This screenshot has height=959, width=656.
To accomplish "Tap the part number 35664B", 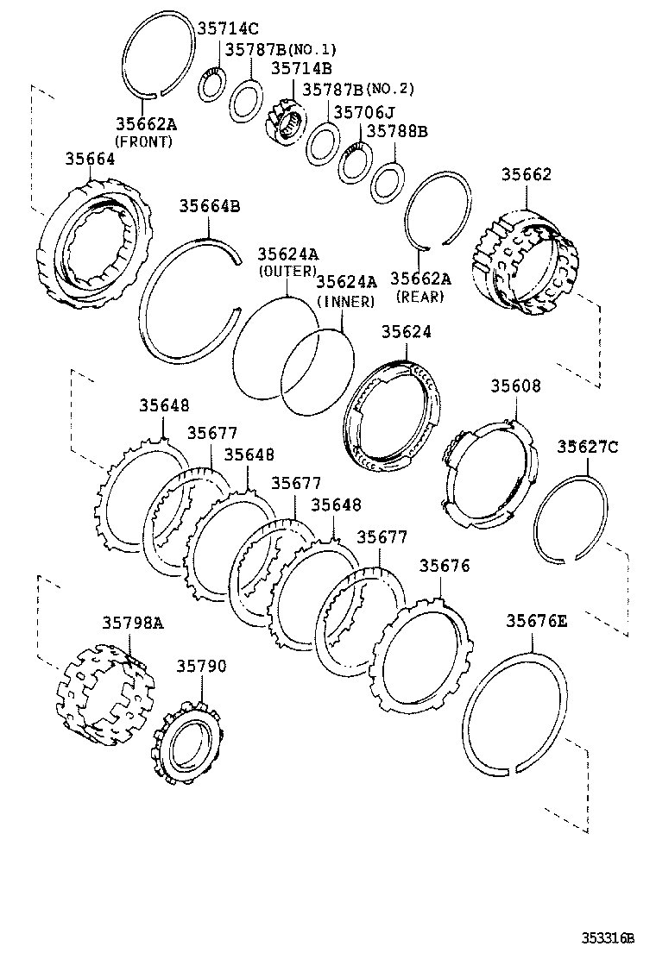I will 209,206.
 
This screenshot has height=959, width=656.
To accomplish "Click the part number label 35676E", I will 537,620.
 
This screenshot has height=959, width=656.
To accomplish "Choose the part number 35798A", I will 133,622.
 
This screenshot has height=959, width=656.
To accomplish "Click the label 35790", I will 202,666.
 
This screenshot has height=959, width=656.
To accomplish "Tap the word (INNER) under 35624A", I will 346,301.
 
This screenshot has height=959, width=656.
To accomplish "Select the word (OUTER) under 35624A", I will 287,272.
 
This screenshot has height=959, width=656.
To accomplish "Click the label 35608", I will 516,386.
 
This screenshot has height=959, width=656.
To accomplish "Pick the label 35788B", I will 397,132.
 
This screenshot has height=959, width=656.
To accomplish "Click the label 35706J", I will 363,112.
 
